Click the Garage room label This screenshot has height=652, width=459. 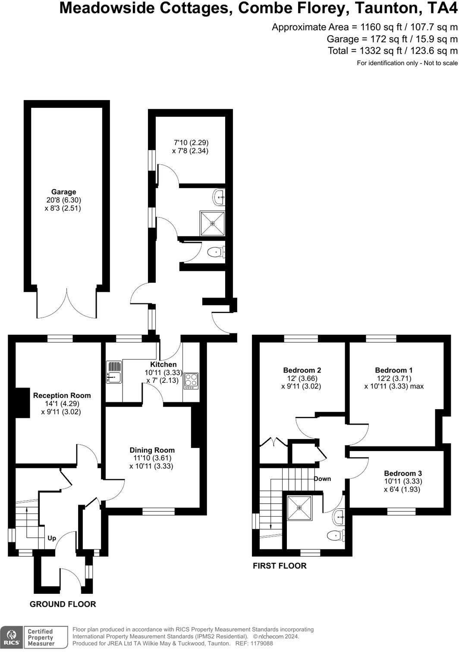(x=63, y=192)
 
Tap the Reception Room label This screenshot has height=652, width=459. (x=62, y=395)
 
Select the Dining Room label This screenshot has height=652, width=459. (x=152, y=450)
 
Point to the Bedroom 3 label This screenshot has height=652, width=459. (x=403, y=473)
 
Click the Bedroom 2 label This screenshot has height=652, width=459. (x=302, y=370)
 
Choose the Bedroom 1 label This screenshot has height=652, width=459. (x=394, y=370)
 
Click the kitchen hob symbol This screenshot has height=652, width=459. (x=191, y=381)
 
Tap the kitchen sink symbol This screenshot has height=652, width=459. (x=114, y=373)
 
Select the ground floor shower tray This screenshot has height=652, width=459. (x=212, y=223)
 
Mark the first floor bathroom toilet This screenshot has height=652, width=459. (x=335, y=536)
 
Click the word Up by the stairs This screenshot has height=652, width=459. (x=52, y=538)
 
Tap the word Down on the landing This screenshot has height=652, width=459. (x=322, y=479)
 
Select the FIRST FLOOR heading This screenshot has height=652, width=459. (x=280, y=566)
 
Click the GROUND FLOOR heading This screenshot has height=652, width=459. (x=63, y=605)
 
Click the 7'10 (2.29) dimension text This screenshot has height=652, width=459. (x=191, y=143)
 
